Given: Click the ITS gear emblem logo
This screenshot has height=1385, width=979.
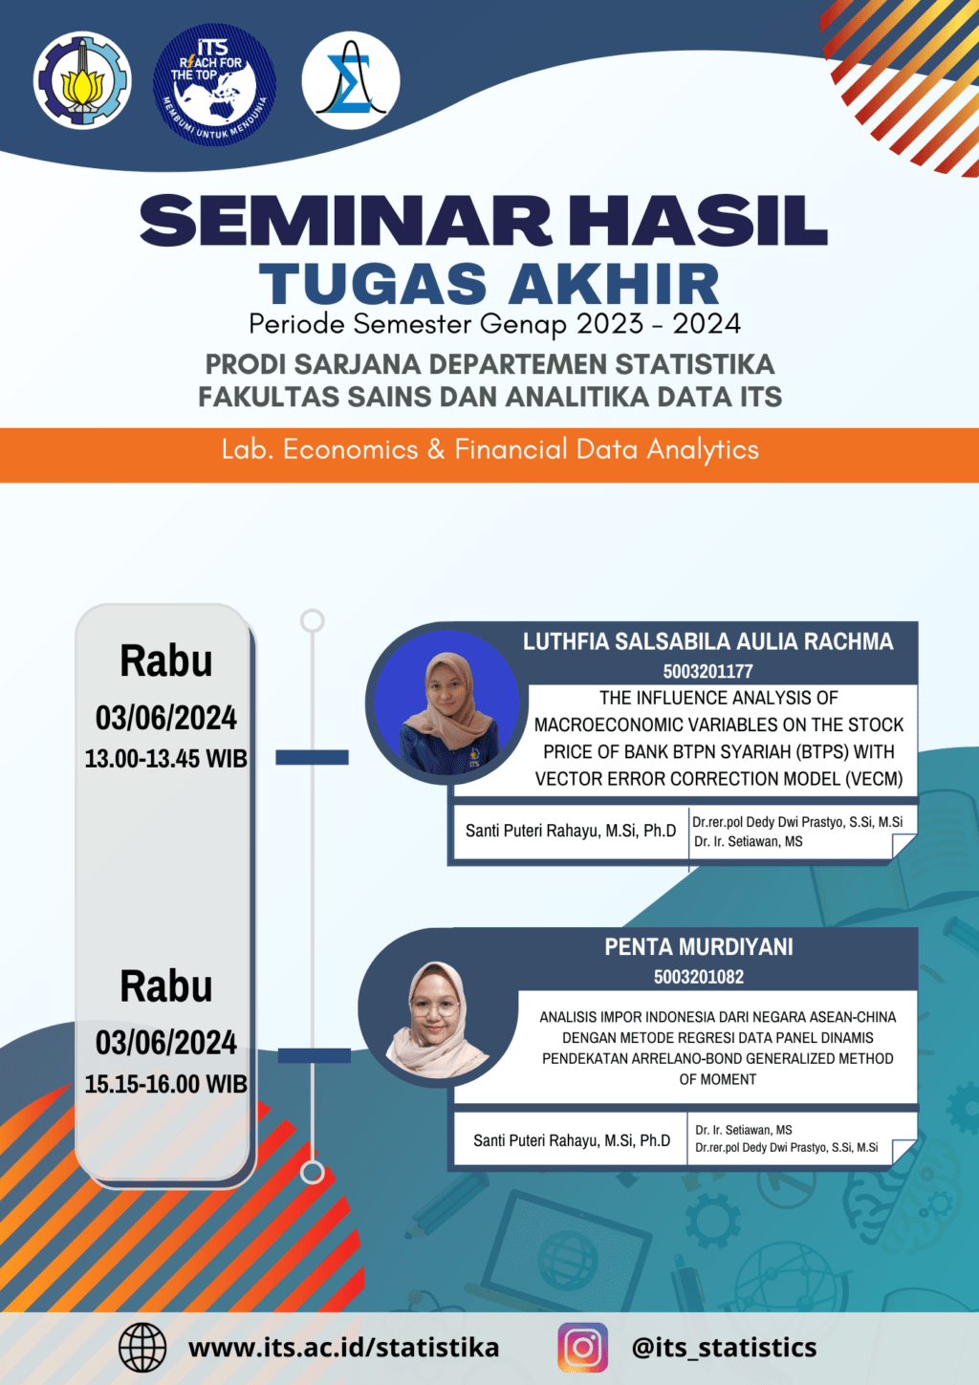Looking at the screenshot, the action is click(x=82, y=80).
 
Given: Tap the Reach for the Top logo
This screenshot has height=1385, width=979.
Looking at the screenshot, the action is click(x=214, y=85).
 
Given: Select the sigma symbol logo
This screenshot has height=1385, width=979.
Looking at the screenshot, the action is click(x=351, y=80).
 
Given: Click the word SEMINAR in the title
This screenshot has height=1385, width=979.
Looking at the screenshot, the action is click(x=346, y=221).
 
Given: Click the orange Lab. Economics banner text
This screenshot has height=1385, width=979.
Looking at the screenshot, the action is click(x=489, y=449).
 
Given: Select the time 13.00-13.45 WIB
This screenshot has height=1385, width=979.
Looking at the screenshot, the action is click(x=165, y=759).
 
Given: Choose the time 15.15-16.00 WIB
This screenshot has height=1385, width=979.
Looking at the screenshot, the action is click(x=165, y=1084).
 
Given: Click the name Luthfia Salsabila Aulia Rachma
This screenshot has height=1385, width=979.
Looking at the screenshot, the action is click(x=708, y=641).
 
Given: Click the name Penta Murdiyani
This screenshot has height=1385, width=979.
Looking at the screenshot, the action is click(x=699, y=947).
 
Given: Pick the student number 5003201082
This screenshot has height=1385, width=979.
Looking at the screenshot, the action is click(x=699, y=977).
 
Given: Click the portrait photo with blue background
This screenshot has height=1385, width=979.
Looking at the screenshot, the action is click(x=446, y=703).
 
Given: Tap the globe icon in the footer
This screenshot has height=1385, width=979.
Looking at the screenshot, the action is click(x=142, y=1348).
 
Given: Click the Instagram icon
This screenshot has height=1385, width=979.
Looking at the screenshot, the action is click(x=582, y=1348).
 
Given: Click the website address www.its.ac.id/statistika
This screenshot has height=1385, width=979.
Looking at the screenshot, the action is click(x=344, y=1348).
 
